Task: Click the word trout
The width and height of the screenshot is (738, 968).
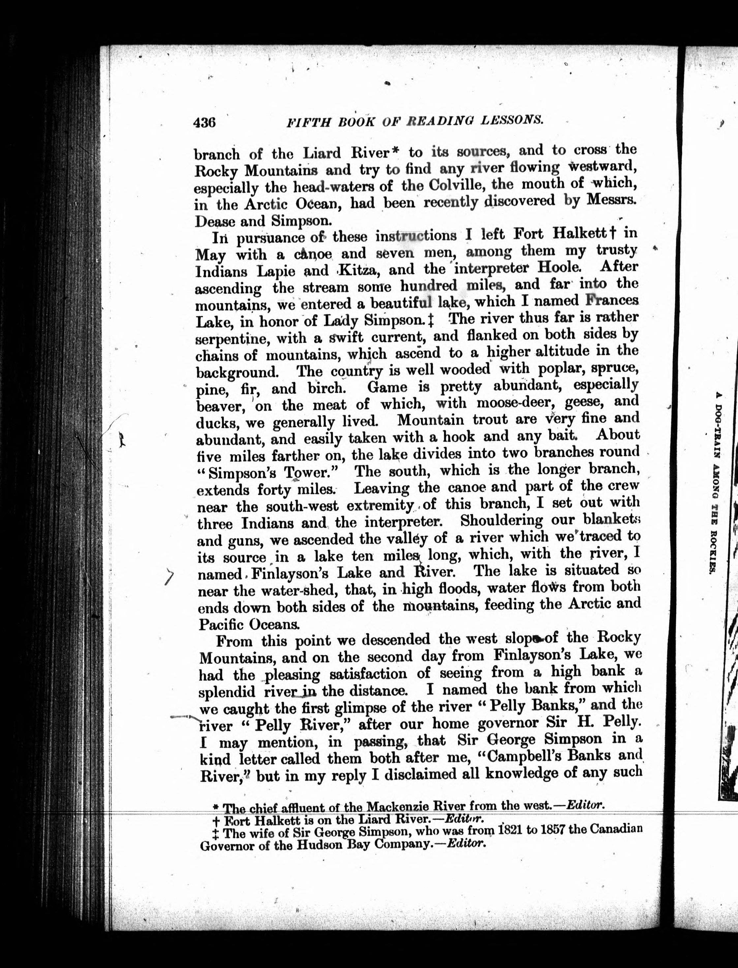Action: click(488, 419)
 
